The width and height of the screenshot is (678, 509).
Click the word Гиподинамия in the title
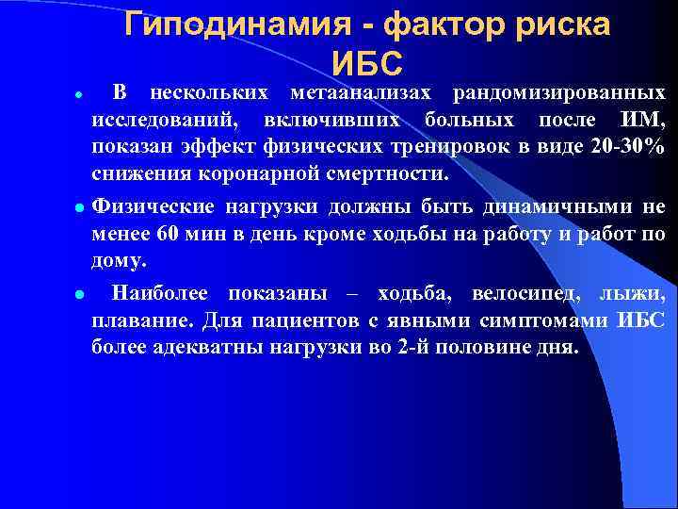click(x=237, y=25)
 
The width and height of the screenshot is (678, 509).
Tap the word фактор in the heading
click(x=441, y=25)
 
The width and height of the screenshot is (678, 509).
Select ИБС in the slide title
click(x=367, y=63)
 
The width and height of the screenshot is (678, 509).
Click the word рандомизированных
click(x=558, y=93)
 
